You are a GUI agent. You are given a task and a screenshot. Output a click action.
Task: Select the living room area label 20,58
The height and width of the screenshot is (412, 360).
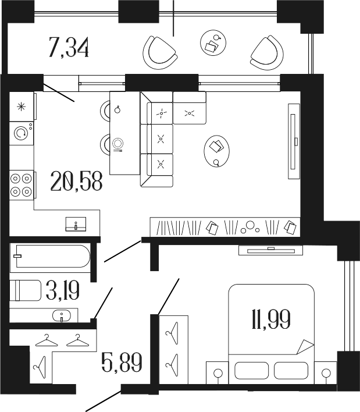click(76, 182)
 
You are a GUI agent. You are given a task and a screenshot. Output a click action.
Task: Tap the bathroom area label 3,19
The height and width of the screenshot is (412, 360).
click(60, 289)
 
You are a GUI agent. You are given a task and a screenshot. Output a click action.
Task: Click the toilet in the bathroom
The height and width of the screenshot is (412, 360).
click(25, 289)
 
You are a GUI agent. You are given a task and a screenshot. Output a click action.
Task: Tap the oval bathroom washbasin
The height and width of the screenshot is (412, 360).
click(60, 316)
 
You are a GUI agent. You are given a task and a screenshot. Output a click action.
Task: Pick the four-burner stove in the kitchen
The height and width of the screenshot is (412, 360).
click(22, 184)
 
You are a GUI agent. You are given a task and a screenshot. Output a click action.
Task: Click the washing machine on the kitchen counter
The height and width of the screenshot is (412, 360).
click(22, 133)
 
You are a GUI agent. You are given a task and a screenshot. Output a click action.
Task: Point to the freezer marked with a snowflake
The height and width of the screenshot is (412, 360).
click(22, 106)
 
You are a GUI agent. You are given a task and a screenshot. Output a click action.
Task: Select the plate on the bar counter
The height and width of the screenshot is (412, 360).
click(119, 143)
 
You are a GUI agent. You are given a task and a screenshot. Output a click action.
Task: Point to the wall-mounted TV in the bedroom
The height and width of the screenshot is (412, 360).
click(270, 250)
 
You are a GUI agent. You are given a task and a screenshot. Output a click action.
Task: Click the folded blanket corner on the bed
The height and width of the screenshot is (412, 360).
click(304, 346)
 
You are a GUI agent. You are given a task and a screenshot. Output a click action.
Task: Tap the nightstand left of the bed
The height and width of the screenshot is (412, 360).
click(218, 372)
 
